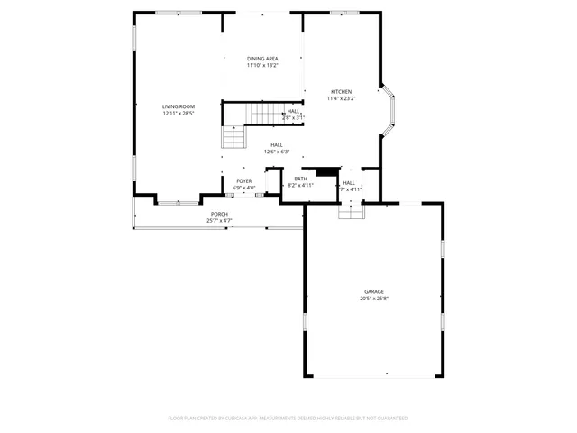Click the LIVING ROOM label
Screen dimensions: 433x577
pyautogui.click(x=179, y=106)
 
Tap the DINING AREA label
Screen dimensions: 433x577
pyautogui.click(x=262, y=59)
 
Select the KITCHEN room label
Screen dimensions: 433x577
pyautogui.click(x=342, y=91)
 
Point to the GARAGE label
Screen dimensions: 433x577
pyautogui.click(x=374, y=291)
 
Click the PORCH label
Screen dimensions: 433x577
pyautogui.click(x=220, y=214)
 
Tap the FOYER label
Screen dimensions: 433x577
pyautogui.click(x=244, y=181)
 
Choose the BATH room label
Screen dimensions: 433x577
pyautogui.click(x=300, y=179)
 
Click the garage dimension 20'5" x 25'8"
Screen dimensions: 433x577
pyautogui.click(x=374, y=299)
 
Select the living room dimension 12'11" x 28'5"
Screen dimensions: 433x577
pyautogui.click(x=179, y=114)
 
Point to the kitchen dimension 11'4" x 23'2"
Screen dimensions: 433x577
pyautogui.click(x=342, y=98)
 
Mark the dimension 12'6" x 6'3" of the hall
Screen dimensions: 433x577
pyautogui.click(x=276, y=152)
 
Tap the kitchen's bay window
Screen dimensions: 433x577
pyautogui.click(x=389, y=111)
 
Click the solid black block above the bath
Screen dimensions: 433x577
pyautogui.click(x=325, y=170)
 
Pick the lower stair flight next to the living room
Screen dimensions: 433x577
pyautogui.click(x=234, y=137)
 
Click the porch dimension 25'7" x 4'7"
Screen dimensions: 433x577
pyautogui.click(x=220, y=220)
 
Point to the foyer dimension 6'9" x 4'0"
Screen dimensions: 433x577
pyautogui.click(x=244, y=188)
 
